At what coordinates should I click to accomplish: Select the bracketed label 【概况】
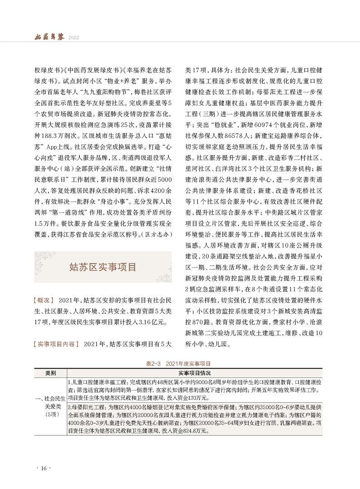pos(44,300)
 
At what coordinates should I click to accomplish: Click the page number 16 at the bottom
pos(44,468)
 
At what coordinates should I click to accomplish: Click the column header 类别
pos(50,373)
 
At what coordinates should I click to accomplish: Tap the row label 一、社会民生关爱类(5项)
pos(50,405)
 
